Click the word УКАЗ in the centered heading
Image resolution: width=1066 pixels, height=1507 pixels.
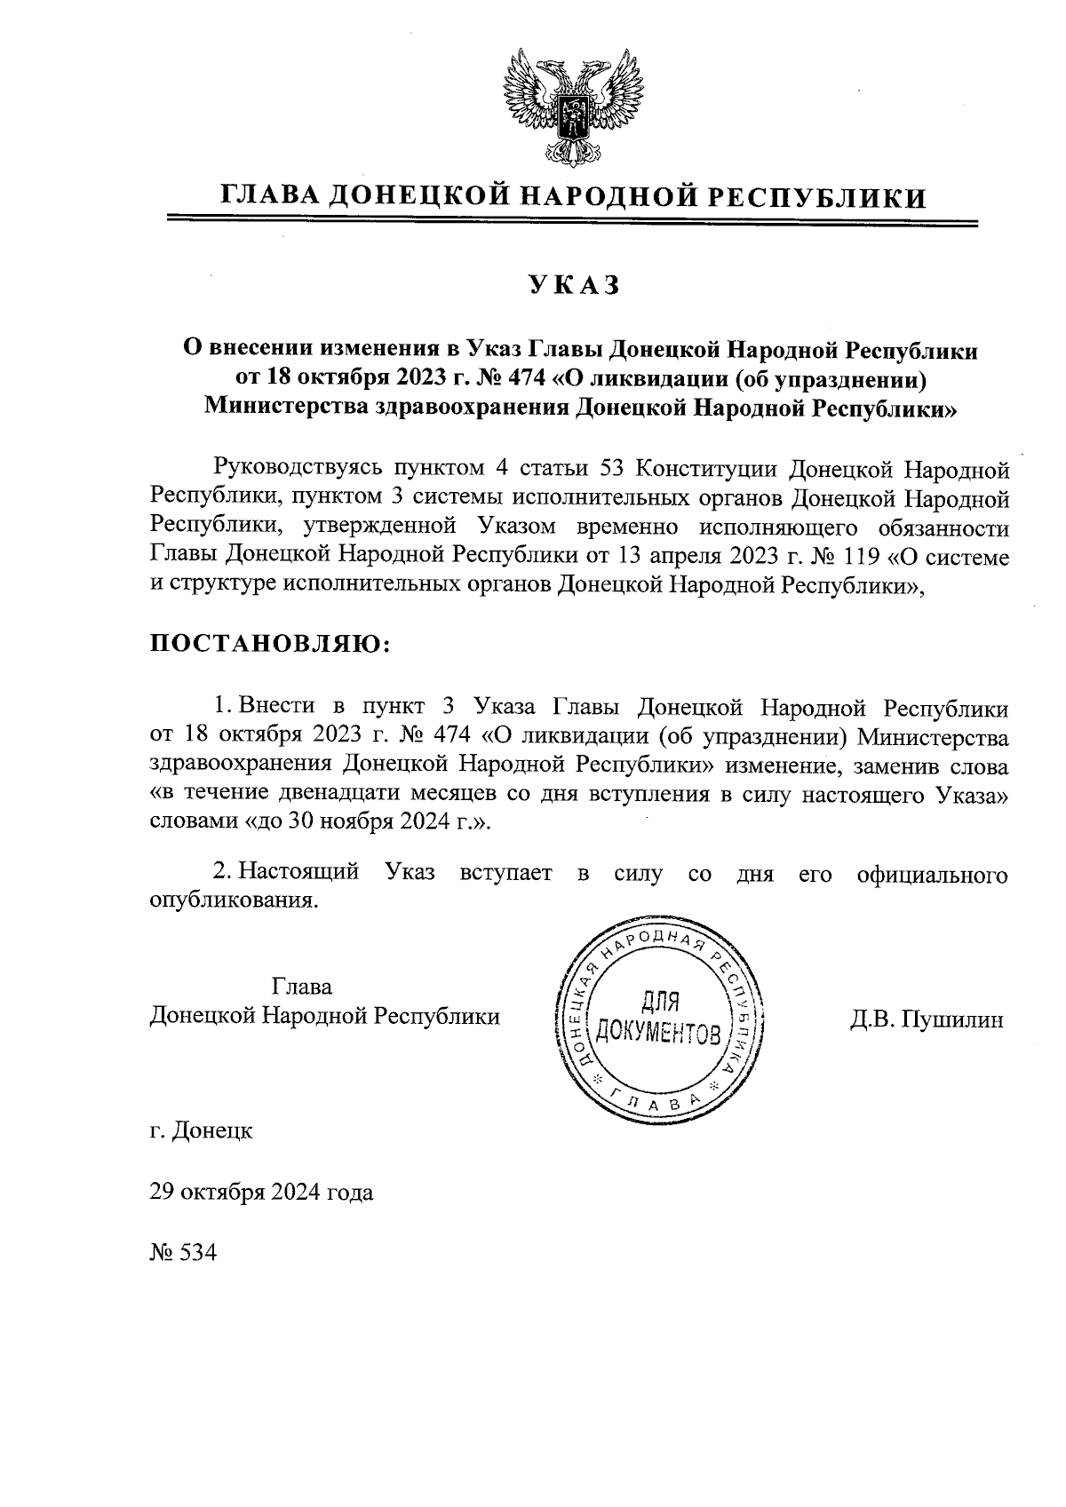pos(573,285)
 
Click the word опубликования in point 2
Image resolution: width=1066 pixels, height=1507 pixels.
pos(233,901)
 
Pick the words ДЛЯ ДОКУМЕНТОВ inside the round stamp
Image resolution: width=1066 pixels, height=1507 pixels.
pos(658,1018)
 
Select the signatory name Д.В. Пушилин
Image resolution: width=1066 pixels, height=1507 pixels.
pos(926,1019)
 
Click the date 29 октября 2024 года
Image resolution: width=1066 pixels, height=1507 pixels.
pos(261,1192)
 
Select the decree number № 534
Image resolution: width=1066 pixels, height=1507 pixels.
pos(183,1252)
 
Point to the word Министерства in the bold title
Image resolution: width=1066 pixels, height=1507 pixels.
pos(282,408)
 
